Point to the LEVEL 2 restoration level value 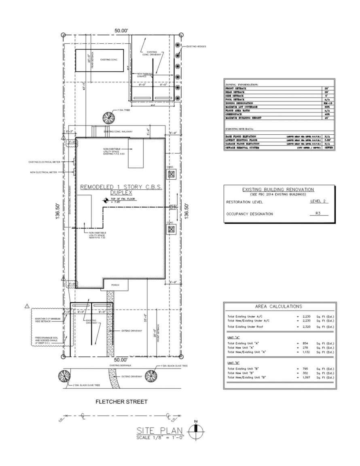click(x=318, y=201)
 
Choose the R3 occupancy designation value click(x=318, y=214)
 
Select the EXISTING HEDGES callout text click(x=196, y=47)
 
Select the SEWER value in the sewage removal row click(x=328, y=148)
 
